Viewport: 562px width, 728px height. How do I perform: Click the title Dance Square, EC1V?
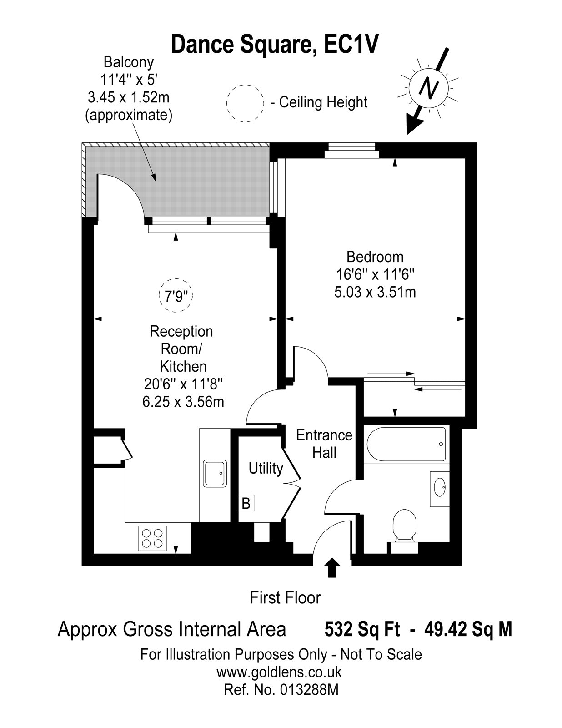275,45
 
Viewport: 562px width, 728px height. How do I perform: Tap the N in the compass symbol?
428,88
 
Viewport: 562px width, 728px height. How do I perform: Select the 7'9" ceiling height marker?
176,295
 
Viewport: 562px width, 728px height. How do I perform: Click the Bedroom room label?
375,257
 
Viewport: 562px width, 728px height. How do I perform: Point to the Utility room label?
266,469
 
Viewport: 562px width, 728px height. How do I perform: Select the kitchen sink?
215,473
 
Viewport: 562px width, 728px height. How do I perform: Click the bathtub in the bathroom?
406,444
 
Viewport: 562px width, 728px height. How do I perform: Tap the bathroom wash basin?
439,489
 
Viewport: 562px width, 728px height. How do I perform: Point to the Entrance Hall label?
324,444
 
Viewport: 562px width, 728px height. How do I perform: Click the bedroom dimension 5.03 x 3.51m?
375,292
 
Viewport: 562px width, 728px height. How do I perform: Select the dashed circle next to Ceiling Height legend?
245,104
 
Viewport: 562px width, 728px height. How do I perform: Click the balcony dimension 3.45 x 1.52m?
129,97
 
